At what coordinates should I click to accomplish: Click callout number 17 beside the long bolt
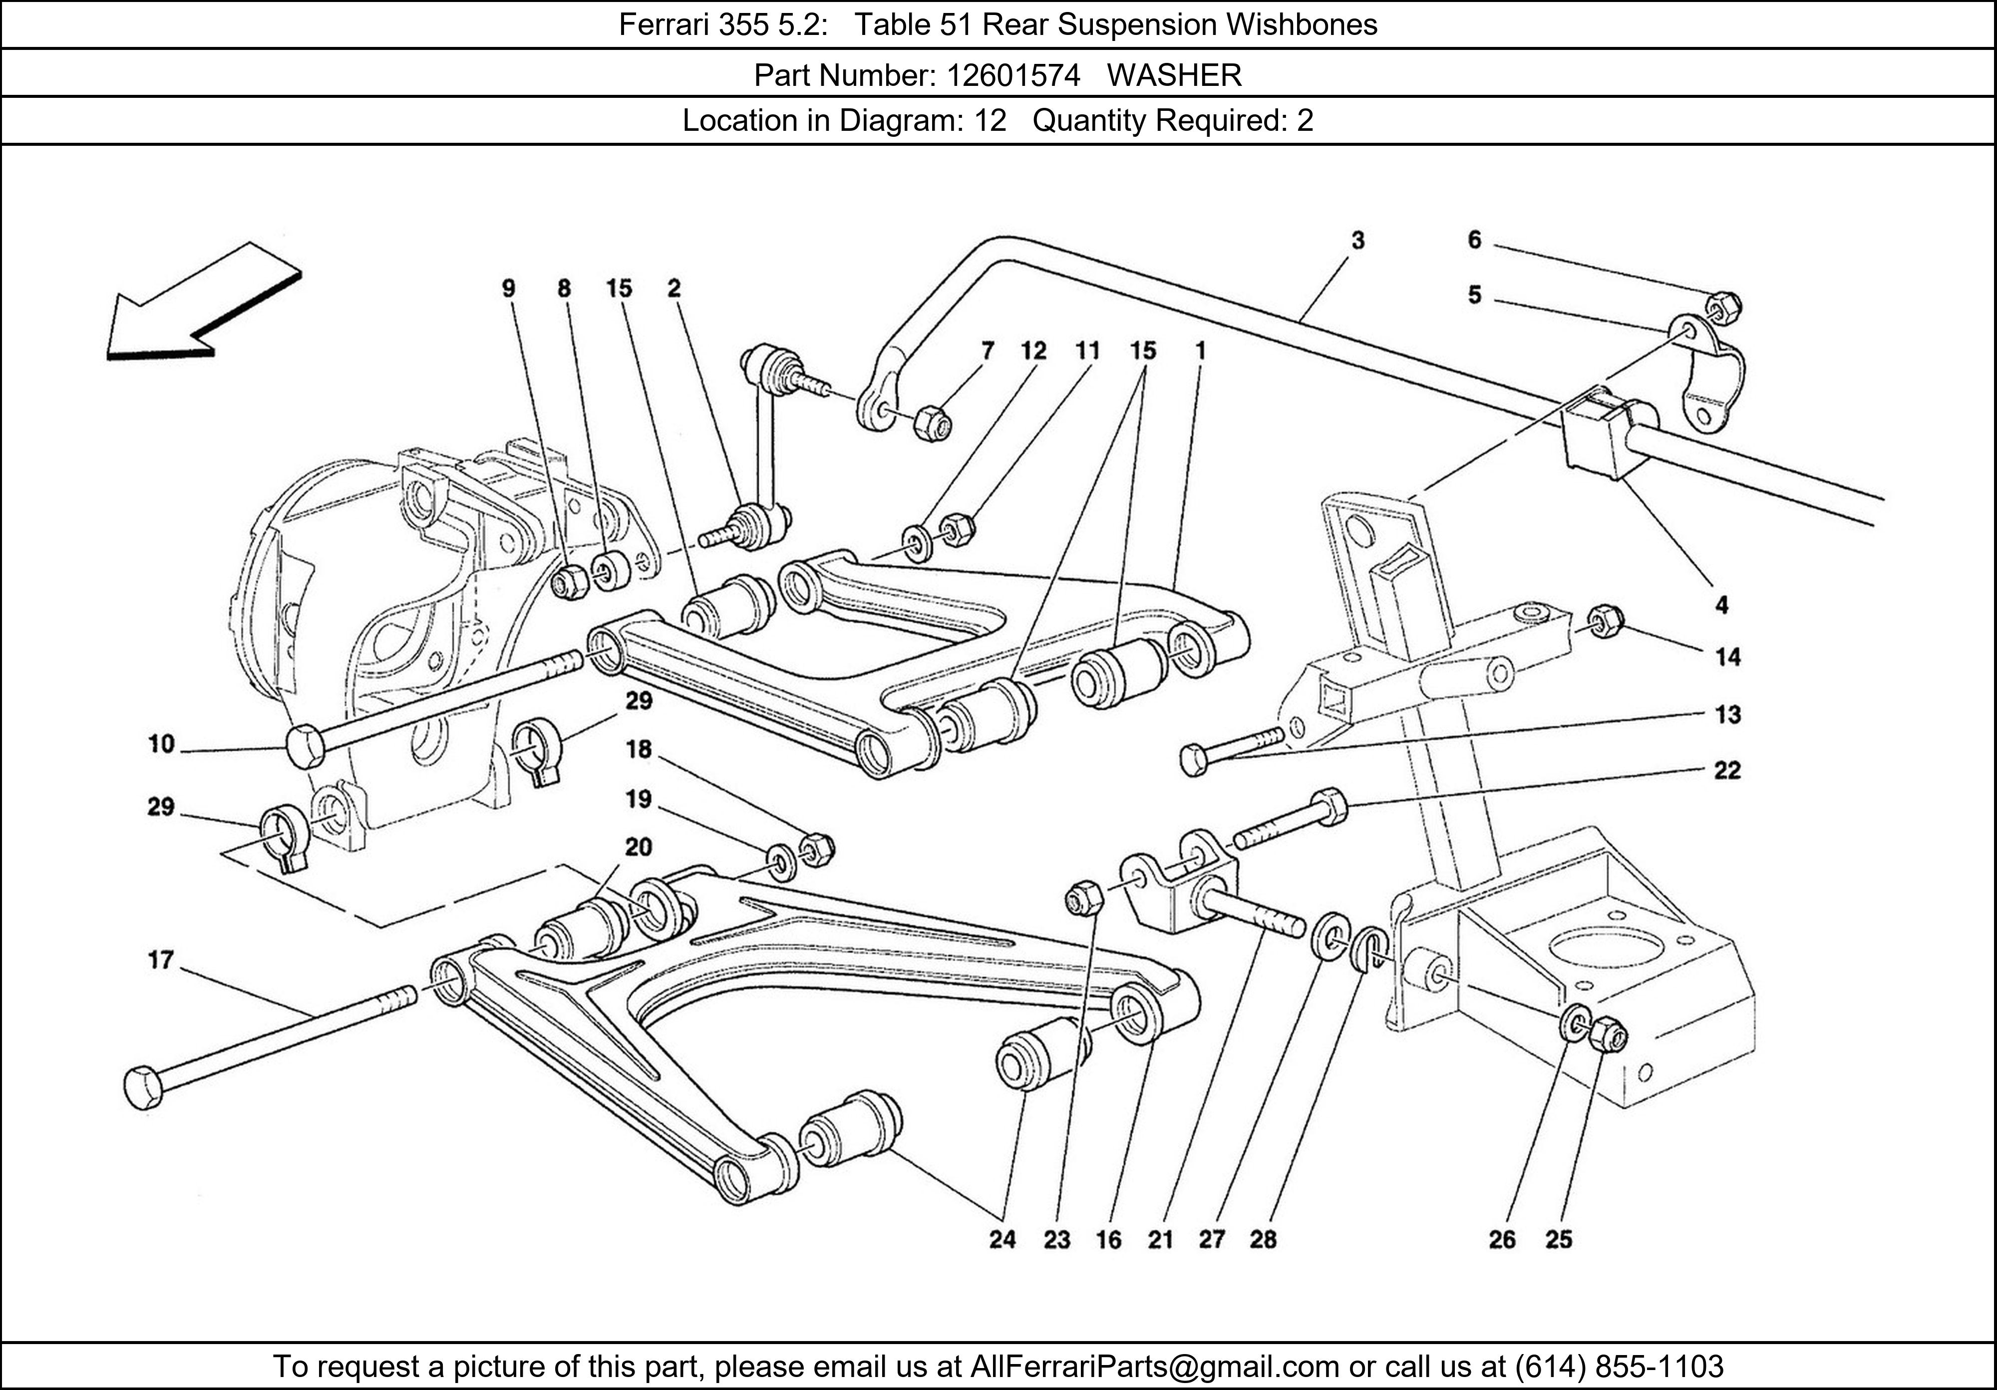click(161, 960)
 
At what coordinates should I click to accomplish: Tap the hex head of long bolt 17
click(143, 1088)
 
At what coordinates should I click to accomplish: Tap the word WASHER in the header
click(1174, 76)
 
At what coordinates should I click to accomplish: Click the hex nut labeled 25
click(1608, 1034)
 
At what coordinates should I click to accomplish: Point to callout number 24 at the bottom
click(1002, 1240)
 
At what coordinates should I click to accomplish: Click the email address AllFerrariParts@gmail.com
click(1154, 1367)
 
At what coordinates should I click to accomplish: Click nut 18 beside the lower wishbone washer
click(816, 849)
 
